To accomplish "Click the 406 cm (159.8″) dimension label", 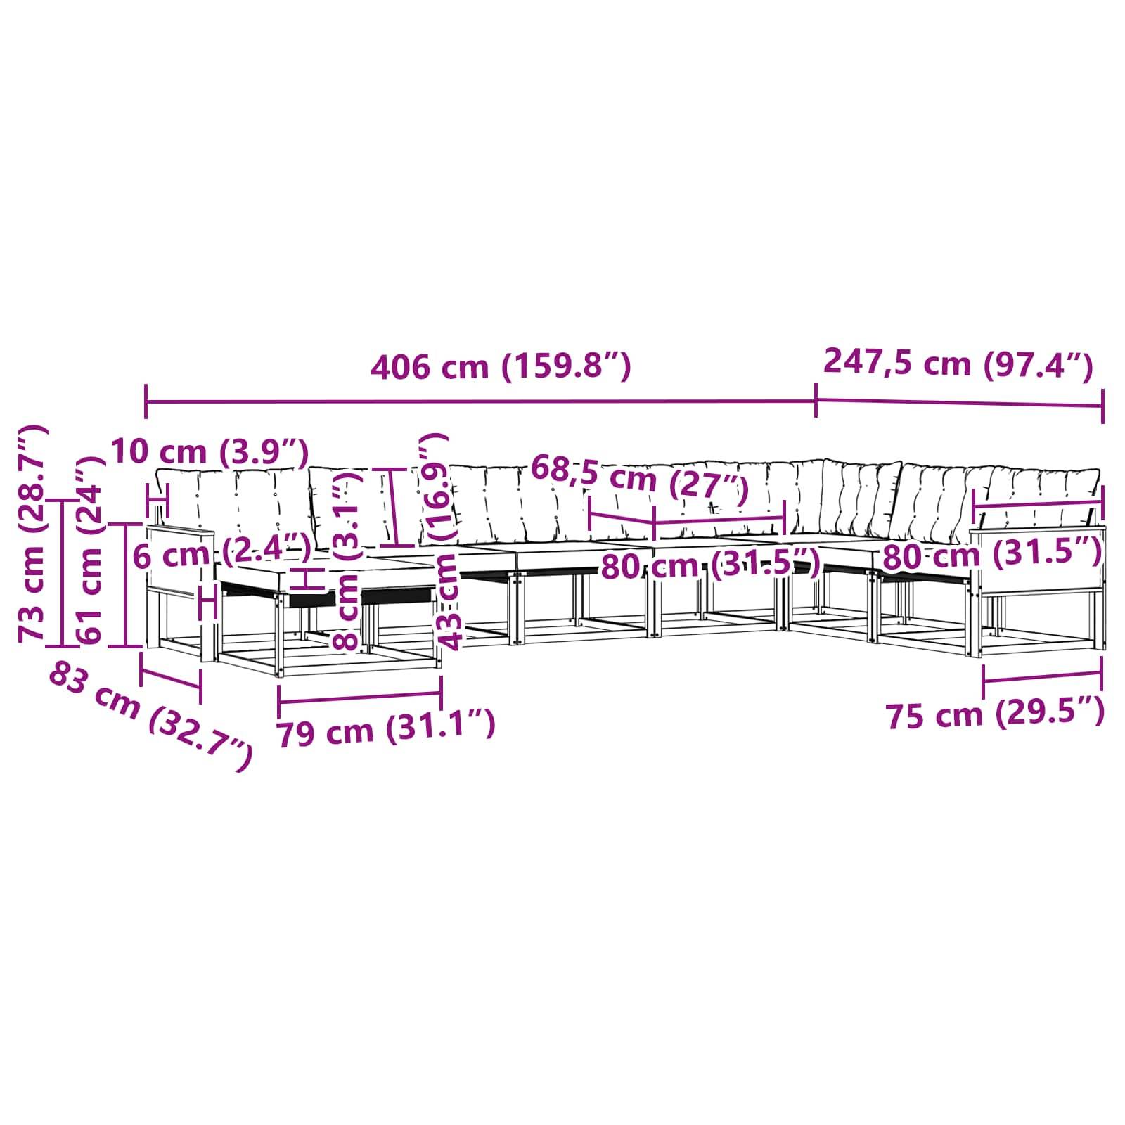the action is coord(501,367).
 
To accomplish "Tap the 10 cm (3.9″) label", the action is coord(210,452).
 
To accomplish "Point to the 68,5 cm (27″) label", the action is coord(639,480).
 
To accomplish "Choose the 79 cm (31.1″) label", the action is coord(386,728).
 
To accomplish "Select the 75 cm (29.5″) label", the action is coord(995,713).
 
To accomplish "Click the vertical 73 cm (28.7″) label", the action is coord(32,534).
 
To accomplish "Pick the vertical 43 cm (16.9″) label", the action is coord(445,541).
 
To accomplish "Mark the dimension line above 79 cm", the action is coord(360,697).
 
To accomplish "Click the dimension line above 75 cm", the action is coord(1042,678).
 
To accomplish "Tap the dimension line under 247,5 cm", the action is coord(960,403).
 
